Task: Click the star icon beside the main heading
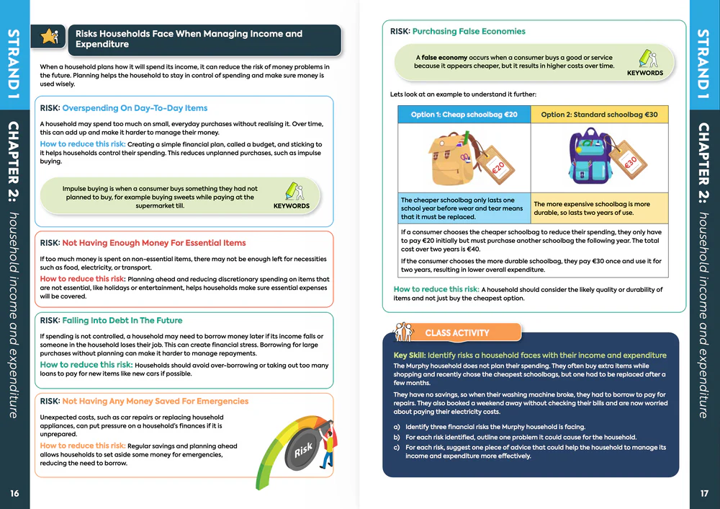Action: click(x=50, y=37)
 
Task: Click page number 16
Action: click(x=14, y=493)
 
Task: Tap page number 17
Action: click(x=704, y=493)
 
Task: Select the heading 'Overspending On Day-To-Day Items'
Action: click(x=135, y=108)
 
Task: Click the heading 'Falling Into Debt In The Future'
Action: click(x=122, y=320)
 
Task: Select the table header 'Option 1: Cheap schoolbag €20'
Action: click(x=464, y=115)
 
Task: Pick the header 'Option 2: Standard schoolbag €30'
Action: click(x=599, y=115)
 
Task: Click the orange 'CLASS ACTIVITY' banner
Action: click(x=456, y=333)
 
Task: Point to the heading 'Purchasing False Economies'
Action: click(x=469, y=32)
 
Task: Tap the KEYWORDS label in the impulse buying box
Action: click(x=291, y=205)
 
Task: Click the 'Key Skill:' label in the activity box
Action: click(x=409, y=355)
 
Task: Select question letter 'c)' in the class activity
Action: click(x=397, y=448)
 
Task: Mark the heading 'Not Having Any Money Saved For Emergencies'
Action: click(x=155, y=402)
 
